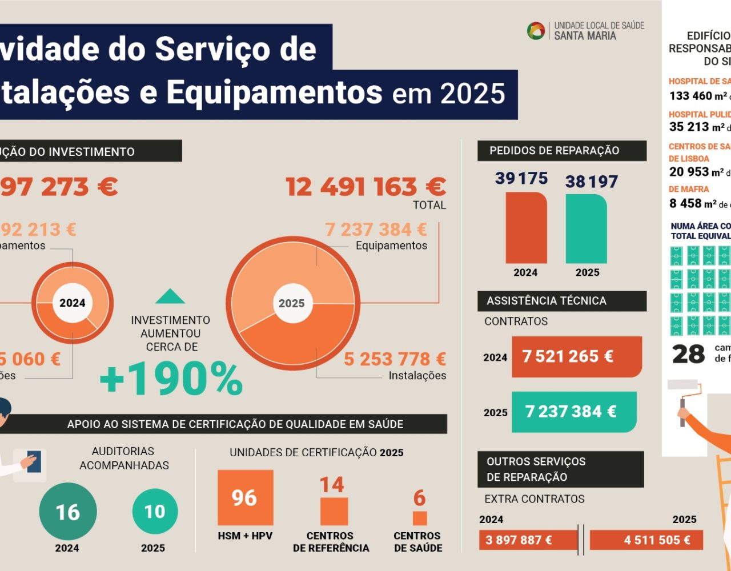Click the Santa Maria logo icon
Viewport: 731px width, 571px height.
(x=536, y=31)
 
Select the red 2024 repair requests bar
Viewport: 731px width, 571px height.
(x=526, y=227)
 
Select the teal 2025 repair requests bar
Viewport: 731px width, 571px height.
(x=587, y=228)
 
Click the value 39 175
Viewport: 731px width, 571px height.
(x=521, y=179)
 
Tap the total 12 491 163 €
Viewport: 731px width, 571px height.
(x=365, y=187)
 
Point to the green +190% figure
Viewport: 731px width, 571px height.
(x=171, y=379)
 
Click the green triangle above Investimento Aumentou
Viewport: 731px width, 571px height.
(x=170, y=297)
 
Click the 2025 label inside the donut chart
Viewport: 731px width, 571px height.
(x=291, y=303)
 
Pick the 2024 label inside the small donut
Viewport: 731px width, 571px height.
(x=73, y=303)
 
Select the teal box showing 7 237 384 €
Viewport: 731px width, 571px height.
(x=574, y=412)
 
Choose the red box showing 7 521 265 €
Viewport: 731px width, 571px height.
(x=577, y=357)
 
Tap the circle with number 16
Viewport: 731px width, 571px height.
(x=67, y=512)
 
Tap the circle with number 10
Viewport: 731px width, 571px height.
(x=155, y=512)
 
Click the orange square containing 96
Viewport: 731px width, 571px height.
(x=245, y=498)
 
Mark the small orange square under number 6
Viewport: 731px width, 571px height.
(x=420, y=518)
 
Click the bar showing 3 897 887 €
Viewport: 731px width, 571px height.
(x=528, y=540)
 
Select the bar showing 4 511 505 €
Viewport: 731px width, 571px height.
(x=646, y=540)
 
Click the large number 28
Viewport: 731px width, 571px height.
(x=689, y=355)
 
